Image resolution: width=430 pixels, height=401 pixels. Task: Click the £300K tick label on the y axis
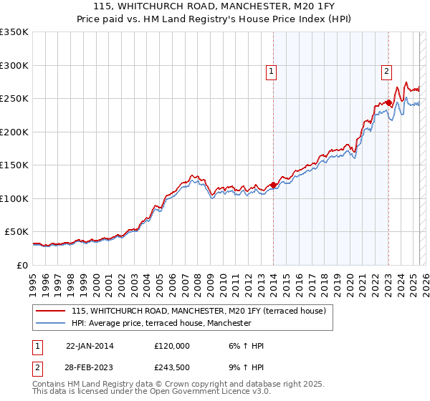pyautogui.click(x=14, y=65)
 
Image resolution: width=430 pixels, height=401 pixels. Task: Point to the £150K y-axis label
pyautogui.click(x=14, y=165)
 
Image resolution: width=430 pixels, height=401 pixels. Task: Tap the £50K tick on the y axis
pyautogui.click(x=17, y=232)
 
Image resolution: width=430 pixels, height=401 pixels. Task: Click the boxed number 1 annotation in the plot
pyautogui.click(x=272, y=71)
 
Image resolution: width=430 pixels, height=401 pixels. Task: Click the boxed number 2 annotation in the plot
pyautogui.click(x=386, y=71)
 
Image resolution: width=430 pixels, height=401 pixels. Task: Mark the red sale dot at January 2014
pyautogui.click(x=273, y=185)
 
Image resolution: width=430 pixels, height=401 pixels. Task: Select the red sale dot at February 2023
pyautogui.click(x=388, y=103)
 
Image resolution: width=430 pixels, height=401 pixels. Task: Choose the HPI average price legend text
pyautogui.click(x=161, y=323)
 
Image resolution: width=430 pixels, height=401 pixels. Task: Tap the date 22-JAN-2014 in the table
pyautogui.click(x=90, y=346)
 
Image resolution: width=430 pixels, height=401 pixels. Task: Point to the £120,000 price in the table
pyautogui.click(x=172, y=346)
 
